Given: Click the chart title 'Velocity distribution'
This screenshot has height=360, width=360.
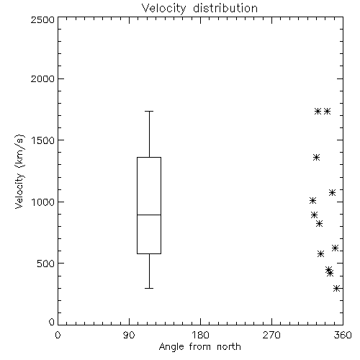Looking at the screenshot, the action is click(x=199, y=9).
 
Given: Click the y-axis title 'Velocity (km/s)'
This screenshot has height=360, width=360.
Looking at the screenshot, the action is click(x=19, y=171).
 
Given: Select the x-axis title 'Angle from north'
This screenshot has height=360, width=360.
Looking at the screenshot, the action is click(x=199, y=347).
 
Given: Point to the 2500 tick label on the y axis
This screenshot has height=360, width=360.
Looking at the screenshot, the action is click(x=42, y=19).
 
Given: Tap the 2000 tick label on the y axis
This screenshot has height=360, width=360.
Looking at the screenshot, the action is click(x=42, y=78).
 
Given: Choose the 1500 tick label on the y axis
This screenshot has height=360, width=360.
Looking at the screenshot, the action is click(x=43, y=140).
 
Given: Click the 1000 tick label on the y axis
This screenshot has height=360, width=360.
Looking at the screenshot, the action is click(x=43, y=202).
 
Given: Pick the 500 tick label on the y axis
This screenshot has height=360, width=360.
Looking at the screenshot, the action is click(x=46, y=264).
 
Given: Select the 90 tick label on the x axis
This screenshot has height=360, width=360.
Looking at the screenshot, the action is click(x=129, y=335).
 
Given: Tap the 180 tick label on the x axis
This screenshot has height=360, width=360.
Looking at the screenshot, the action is click(x=200, y=335).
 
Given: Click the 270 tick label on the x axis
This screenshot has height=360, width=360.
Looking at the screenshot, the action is click(x=271, y=335).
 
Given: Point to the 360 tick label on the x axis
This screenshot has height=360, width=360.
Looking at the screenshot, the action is click(x=343, y=335).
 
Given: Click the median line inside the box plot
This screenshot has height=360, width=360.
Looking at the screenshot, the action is click(x=149, y=215).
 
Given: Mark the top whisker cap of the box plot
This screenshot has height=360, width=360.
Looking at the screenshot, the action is click(x=149, y=112).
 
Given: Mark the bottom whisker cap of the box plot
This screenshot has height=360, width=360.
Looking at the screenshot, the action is click(x=149, y=288).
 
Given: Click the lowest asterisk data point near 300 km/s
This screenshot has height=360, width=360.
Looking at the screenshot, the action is click(x=337, y=288).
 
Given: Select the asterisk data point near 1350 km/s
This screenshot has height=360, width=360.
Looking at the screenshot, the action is click(x=317, y=158).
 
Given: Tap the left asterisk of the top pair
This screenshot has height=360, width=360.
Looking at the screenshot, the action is click(x=318, y=112).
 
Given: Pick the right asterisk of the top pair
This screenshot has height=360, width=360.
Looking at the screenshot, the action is click(x=328, y=112).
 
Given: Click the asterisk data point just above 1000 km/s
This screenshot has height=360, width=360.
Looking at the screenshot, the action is click(x=312, y=200).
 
